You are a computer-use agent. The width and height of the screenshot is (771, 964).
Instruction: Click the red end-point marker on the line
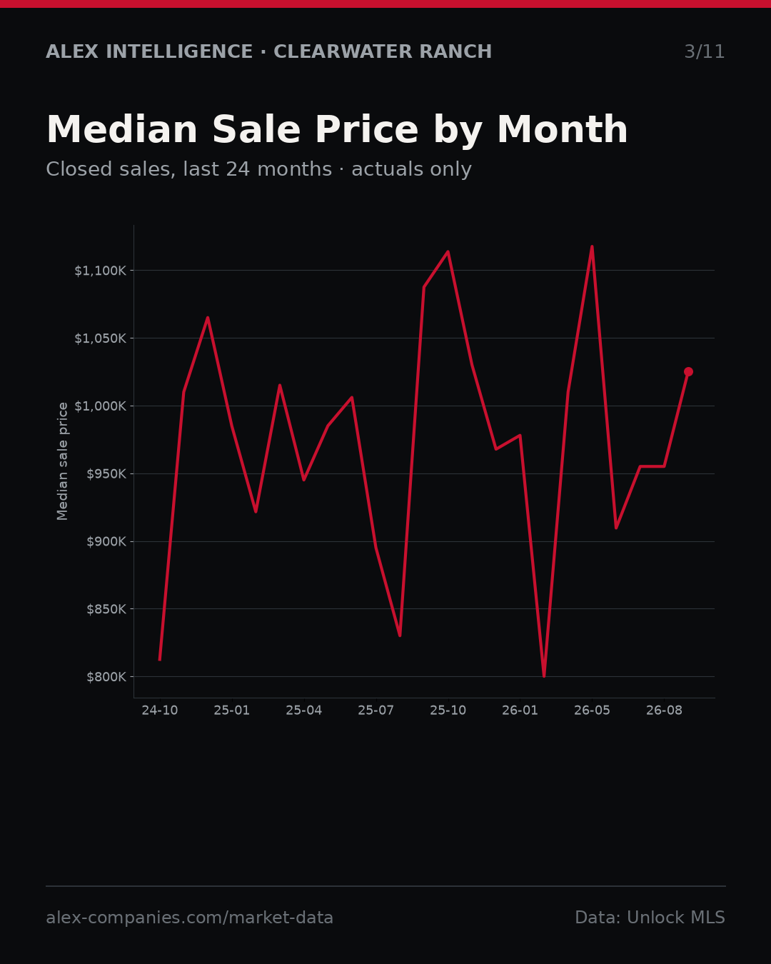688,372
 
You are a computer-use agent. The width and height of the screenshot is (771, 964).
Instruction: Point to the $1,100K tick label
101,271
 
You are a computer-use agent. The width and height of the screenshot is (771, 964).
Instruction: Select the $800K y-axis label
106,677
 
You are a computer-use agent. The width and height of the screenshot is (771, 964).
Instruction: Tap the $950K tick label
106,474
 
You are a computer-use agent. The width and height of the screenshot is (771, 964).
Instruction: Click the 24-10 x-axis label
160,711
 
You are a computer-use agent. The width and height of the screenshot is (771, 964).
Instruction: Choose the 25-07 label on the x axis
376,711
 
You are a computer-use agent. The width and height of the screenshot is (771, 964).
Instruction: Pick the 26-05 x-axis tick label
592,711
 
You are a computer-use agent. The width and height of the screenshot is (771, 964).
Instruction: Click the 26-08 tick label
664,711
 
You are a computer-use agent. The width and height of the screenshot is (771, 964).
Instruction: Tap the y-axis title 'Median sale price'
62,461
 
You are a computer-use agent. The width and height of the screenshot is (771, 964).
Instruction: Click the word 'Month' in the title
563,130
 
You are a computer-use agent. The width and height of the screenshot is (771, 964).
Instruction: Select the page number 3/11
705,52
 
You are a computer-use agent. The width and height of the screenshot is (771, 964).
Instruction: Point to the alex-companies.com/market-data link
189,918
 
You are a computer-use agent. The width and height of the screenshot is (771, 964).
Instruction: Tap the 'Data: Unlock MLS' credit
650,918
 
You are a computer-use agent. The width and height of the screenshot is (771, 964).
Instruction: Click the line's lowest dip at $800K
544,676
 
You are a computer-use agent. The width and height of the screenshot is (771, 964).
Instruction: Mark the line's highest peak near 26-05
592,246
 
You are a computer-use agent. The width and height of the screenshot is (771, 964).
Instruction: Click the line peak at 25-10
448,252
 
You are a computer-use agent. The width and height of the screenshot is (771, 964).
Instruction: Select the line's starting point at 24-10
160,660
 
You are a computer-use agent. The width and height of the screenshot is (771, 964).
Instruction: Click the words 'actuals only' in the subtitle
411,170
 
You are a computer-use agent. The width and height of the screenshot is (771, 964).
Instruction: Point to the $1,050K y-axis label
101,338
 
